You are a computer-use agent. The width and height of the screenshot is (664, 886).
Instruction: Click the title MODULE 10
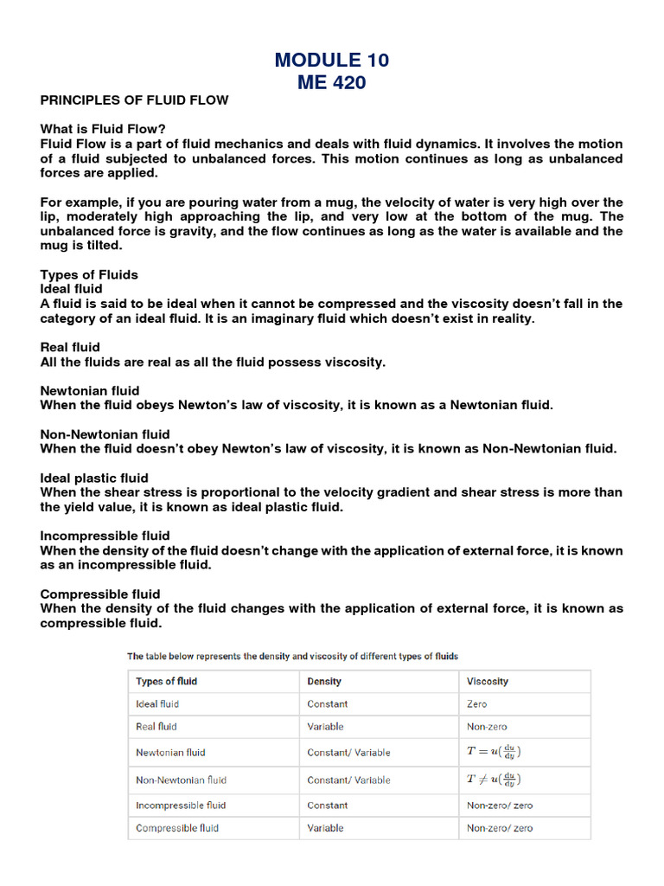pyautogui.click(x=332, y=60)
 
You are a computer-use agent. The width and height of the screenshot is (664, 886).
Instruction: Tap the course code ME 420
pyautogui.click(x=332, y=82)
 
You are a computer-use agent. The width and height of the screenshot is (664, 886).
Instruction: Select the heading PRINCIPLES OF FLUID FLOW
pyautogui.click(x=134, y=100)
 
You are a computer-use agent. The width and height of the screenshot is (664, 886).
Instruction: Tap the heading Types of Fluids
pyautogui.click(x=89, y=274)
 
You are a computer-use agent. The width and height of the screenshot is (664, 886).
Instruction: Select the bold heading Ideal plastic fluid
pyautogui.click(x=94, y=478)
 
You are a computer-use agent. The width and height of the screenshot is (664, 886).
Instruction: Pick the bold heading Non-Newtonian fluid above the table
pyautogui.click(x=105, y=433)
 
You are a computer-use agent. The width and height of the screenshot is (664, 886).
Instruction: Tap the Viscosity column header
pyautogui.click(x=488, y=681)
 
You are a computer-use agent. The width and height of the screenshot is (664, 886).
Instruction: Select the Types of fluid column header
pyautogui.click(x=166, y=681)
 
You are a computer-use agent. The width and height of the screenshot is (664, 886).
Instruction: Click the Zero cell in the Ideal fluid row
pyautogui.click(x=476, y=704)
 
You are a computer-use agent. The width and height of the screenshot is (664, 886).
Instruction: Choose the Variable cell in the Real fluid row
pyautogui.click(x=325, y=727)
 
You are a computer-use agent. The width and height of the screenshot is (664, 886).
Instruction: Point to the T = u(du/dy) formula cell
pyautogui.click(x=494, y=752)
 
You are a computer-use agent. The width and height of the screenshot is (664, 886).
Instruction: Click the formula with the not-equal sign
pyautogui.click(x=494, y=779)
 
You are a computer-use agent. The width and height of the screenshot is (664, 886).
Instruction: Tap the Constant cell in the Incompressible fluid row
pyautogui.click(x=328, y=805)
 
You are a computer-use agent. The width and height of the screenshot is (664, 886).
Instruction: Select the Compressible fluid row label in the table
pyautogui.click(x=177, y=828)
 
